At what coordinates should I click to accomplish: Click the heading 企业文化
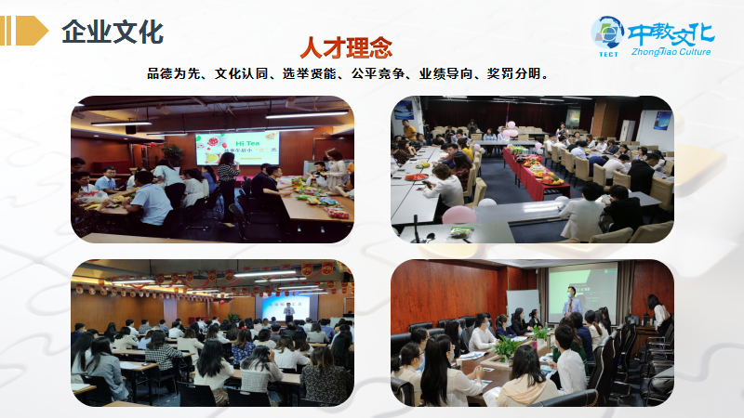point(113,32)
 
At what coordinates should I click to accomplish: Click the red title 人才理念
point(346,47)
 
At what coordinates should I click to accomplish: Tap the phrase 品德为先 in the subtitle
point(174,73)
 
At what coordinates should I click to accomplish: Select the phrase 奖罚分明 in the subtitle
point(513,73)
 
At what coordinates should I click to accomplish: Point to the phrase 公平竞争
point(378,73)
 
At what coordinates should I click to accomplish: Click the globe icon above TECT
point(608,33)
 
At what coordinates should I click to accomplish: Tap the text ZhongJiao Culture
point(671,52)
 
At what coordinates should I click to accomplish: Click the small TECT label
point(608,54)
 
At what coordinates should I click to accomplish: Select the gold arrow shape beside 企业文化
point(33,31)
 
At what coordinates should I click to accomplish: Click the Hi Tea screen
point(237,148)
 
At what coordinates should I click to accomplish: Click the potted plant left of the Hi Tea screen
point(173,154)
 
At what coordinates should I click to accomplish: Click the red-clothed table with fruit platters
point(532,172)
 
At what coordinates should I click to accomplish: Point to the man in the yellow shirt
point(407,129)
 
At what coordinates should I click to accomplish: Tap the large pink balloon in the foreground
point(458,216)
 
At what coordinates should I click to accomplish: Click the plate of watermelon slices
point(416,176)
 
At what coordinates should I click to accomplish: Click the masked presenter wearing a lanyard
point(572,303)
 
